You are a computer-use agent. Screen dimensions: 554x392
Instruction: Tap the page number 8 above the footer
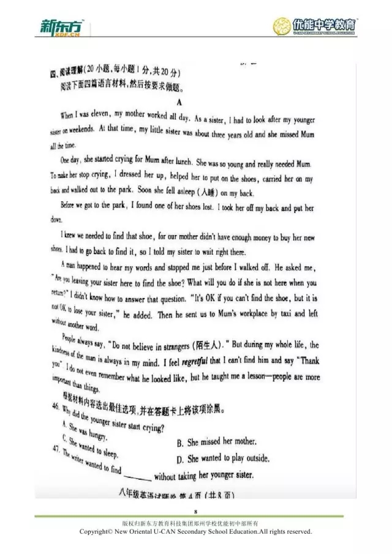coord(196,511)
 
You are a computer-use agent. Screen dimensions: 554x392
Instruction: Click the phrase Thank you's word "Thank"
coord(304,360)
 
